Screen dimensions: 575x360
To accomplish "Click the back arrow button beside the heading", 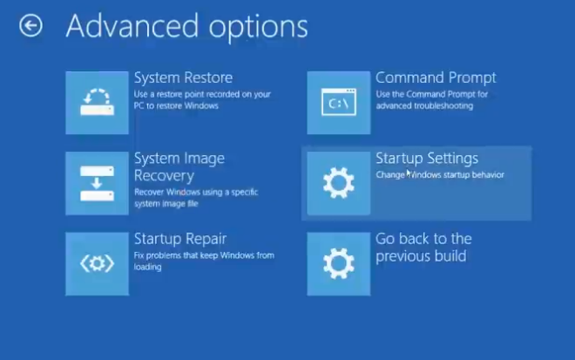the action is coord(30,25).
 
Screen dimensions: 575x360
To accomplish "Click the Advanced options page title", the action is coord(187,27).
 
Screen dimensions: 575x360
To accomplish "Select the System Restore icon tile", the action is coord(98,103).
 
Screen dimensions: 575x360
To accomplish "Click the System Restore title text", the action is coord(183,78).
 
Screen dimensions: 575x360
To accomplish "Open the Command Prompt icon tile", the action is coord(339,103).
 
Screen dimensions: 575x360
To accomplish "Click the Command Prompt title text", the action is coord(436,78).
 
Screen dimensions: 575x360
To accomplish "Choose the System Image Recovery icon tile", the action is coord(98,183).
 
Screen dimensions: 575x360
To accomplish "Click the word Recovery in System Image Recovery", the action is coord(164,176).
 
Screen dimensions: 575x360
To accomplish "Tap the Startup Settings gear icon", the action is coord(339,183).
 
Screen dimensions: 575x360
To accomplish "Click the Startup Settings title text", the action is coord(427,159).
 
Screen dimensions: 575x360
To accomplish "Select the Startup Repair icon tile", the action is coord(98,264).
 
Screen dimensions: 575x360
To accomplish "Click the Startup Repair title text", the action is coord(180,239).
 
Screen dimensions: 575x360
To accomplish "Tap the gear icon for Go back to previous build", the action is coord(339,264).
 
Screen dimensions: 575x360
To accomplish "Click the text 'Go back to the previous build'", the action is coord(423,248).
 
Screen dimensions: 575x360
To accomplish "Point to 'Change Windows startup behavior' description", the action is coord(440,174).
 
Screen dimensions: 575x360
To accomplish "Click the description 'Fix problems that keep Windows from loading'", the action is coord(204,261).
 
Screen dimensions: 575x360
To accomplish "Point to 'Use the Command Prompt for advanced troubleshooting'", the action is coord(431,100).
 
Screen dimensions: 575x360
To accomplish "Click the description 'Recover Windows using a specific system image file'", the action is coord(196,198).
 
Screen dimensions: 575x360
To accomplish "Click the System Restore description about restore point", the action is coord(202,100).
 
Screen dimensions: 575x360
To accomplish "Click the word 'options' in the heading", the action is coord(259,29).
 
